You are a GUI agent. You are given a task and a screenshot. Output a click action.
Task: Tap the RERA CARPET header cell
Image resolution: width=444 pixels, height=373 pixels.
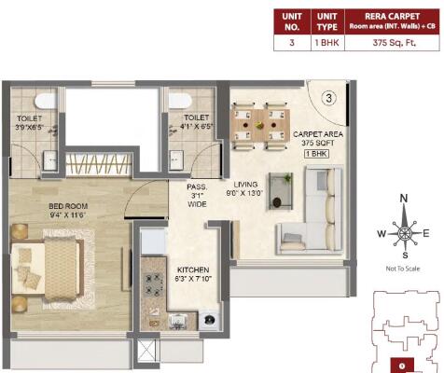393,21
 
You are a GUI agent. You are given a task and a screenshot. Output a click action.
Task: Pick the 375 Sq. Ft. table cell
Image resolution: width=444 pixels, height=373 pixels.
393,42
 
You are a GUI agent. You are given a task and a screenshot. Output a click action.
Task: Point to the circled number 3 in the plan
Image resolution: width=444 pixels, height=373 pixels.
328,96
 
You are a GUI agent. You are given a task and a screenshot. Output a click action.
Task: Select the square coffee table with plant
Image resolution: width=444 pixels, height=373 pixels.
280,184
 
